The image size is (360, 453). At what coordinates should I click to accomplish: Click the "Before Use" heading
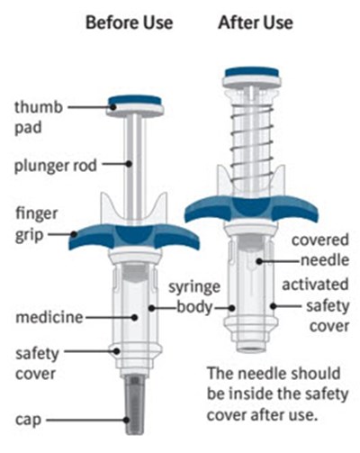click(130, 23)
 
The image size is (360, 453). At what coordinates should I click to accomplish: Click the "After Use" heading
click(256, 23)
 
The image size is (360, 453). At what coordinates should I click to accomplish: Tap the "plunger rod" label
click(56, 166)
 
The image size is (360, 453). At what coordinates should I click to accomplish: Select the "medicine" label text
click(49, 317)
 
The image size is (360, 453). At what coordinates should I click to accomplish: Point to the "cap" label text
click(28, 420)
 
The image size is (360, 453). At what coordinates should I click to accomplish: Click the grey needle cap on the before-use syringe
click(135, 404)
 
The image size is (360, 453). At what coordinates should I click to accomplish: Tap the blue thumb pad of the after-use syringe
click(252, 72)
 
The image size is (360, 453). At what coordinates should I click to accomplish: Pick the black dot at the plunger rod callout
click(129, 164)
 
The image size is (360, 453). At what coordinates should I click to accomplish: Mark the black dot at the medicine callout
click(135, 317)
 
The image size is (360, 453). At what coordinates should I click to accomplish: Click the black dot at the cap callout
click(127, 420)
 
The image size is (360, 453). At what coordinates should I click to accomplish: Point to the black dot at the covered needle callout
click(259, 261)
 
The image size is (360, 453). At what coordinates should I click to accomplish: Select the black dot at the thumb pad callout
click(113, 106)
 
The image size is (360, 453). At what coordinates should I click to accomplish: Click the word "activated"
click(315, 285)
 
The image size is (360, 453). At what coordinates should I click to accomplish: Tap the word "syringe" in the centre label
click(194, 288)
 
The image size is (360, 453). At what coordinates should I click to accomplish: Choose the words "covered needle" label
click(320, 250)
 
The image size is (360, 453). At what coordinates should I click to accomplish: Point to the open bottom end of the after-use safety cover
click(251, 349)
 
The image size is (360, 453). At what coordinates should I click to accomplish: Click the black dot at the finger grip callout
click(74, 234)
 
